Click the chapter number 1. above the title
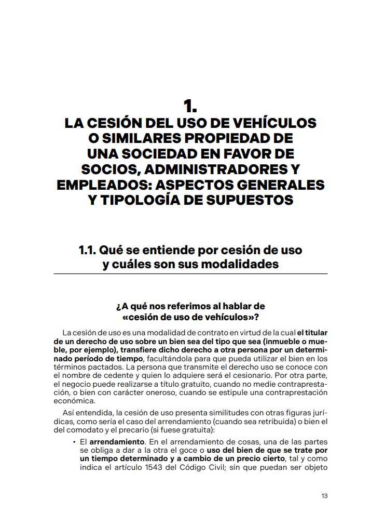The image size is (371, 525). click(x=190, y=107)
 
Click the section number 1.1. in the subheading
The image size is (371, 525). click(x=86, y=250)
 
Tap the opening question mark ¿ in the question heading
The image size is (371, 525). click(x=118, y=307)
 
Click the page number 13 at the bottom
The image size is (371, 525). click(x=324, y=495)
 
